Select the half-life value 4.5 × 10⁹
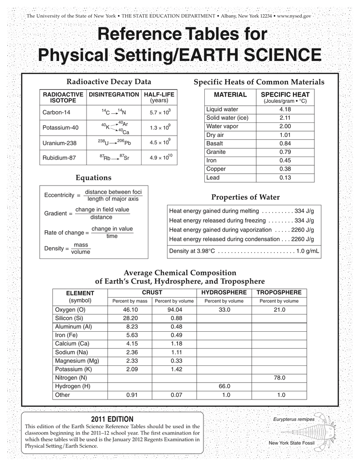160,142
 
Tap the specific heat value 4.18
285,110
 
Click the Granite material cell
216,152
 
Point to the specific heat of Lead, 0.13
285,178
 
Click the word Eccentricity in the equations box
59,195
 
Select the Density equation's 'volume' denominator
81,252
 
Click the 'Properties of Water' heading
245,197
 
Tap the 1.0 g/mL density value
308,251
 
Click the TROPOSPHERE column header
279,292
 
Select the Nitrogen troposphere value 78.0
279,378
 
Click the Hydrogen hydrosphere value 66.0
224,386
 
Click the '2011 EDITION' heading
112,419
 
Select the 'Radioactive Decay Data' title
109,82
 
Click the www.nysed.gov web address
294,16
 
